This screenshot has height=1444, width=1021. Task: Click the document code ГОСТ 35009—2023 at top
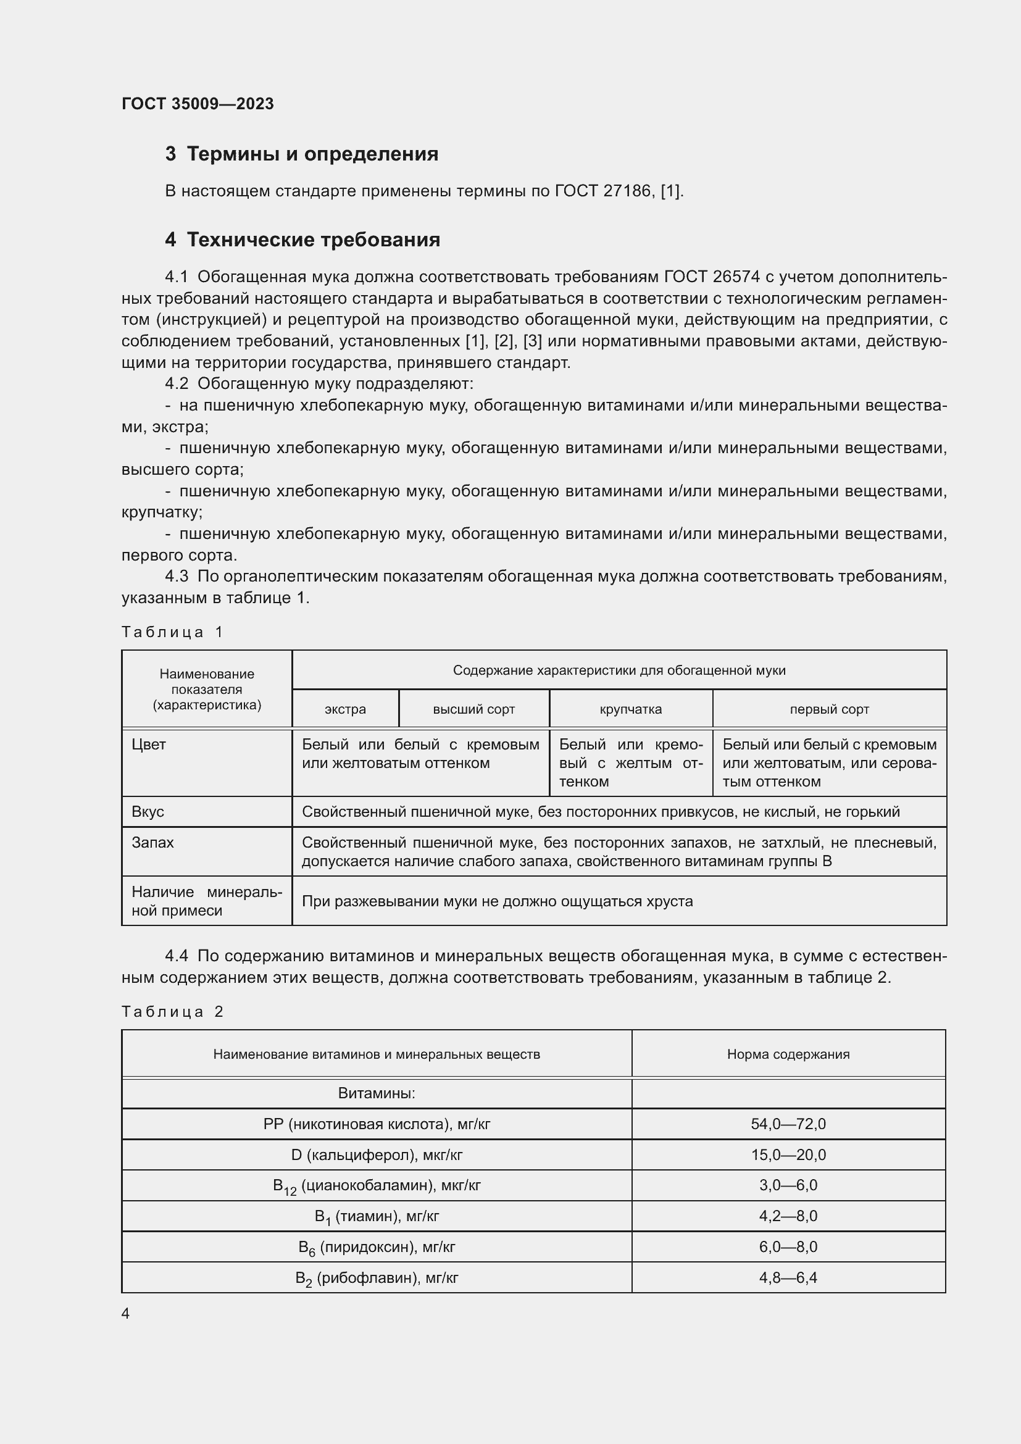click(x=198, y=104)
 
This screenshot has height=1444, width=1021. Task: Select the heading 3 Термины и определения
click(x=301, y=154)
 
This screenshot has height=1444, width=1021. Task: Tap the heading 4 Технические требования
click(x=302, y=240)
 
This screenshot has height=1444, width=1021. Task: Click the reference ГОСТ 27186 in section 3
click(x=603, y=191)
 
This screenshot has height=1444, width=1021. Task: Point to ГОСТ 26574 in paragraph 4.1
click(x=712, y=277)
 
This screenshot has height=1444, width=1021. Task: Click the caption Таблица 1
click(x=172, y=632)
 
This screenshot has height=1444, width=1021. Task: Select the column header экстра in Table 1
click(x=345, y=709)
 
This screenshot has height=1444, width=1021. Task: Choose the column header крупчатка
click(x=631, y=709)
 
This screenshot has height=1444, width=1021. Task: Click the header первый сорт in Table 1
click(x=829, y=709)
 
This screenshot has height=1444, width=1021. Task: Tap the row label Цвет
click(x=149, y=745)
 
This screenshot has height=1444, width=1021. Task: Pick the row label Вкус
click(x=148, y=812)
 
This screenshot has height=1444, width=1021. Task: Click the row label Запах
click(x=152, y=843)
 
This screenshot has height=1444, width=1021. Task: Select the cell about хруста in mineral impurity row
click(x=498, y=901)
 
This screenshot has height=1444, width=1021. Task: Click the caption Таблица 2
click(x=172, y=1012)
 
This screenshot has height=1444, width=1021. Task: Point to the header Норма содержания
click(x=788, y=1054)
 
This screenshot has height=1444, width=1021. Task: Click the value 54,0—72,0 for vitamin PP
click(x=788, y=1124)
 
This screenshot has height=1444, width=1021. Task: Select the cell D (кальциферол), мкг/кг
click(x=377, y=1154)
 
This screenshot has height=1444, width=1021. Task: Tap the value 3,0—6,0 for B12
click(x=788, y=1185)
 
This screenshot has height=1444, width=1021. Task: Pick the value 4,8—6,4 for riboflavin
click(x=788, y=1278)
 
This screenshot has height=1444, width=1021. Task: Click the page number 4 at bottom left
click(x=125, y=1313)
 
